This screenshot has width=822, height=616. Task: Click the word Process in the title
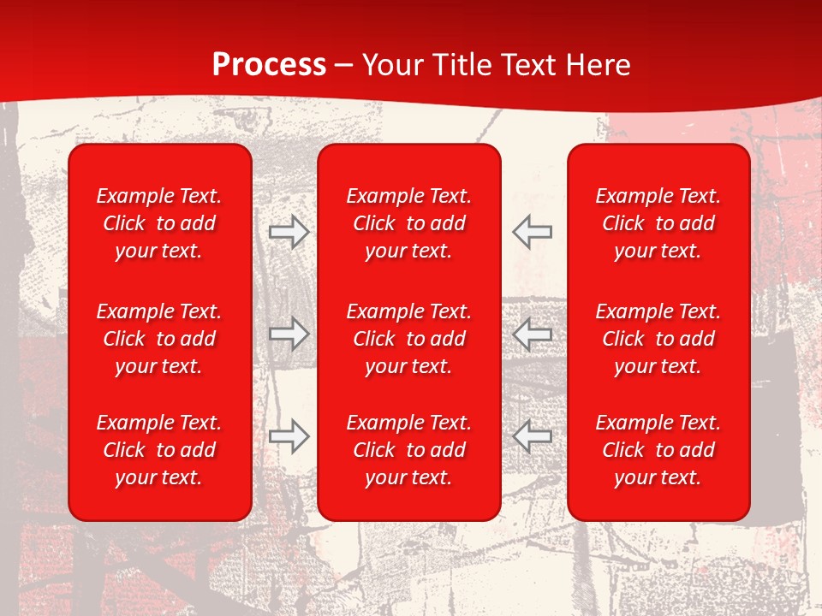(x=269, y=65)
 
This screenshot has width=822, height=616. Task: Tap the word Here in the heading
(x=598, y=65)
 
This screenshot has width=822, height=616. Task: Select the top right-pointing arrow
(x=289, y=232)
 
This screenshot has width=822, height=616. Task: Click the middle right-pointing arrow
(x=289, y=334)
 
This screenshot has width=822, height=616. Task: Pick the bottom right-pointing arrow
(x=289, y=435)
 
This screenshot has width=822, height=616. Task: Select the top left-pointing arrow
(x=533, y=232)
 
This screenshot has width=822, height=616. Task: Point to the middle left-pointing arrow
(x=533, y=334)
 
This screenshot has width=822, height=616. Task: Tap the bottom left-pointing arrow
(x=533, y=435)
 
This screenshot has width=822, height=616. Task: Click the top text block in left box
(x=159, y=223)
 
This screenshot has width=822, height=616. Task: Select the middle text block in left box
(x=159, y=339)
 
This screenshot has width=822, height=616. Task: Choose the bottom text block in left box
(x=159, y=450)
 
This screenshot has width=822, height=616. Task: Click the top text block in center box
(x=408, y=223)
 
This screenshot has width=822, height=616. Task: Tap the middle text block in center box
(x=408, y=339)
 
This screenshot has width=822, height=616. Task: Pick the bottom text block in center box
(x=408, y=450)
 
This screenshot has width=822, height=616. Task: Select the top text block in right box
(x=658, y=223)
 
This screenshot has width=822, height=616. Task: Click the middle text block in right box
(x=658, y=339)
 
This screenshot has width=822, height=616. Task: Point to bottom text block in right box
(x=658, y=450)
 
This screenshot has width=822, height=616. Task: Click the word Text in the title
(x=527, y=65)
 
